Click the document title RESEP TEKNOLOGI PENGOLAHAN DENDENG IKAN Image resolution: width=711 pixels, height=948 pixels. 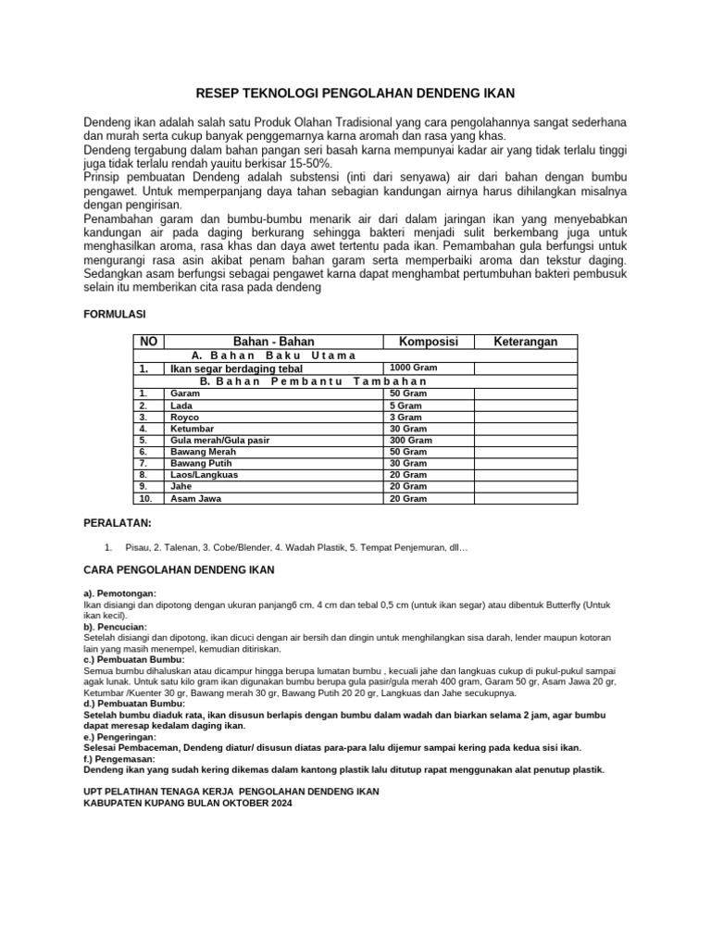click(x=355, y=94)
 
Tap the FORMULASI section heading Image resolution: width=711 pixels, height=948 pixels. click(x=117, y=315)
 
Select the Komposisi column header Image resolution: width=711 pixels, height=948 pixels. click(x=428, y=342)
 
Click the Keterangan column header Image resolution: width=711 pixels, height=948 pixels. click(x=525, y=342)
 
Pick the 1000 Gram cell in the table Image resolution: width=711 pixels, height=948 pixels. click(x=411, y=368)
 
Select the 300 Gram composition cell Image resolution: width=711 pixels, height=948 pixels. click(x=411, y=441)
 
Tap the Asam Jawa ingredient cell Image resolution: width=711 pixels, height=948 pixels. click(x=196, y=498)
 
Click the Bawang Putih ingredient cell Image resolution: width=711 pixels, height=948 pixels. click(x=202, y=463)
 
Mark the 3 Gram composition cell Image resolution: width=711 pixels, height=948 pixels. click(x=405, y=418)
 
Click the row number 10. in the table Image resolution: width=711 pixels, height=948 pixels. click(x=145, y=498)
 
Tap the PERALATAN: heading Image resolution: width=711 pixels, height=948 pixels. click(x=118, y=523)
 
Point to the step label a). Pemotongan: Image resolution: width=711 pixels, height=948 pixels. click(x=120, y=592)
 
